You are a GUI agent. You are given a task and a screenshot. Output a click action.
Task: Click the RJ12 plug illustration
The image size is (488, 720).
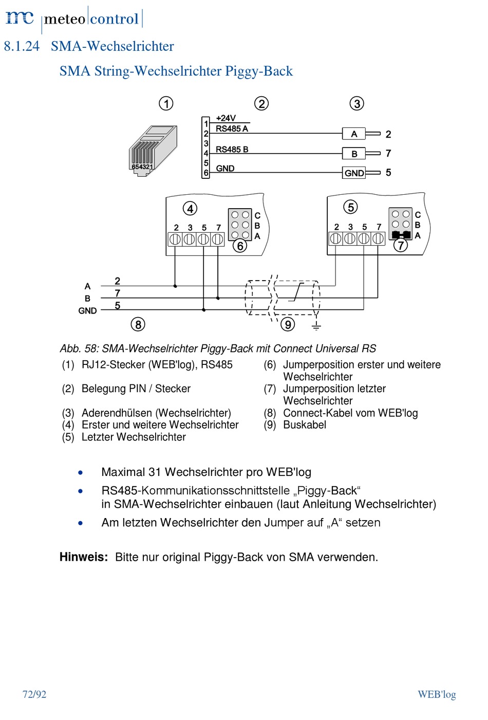click(x=153, y=151)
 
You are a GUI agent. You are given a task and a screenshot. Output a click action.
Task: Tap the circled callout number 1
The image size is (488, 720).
click(x=166, y=103)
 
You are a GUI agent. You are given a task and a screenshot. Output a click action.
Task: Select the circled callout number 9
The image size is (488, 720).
click(x=288, y=324)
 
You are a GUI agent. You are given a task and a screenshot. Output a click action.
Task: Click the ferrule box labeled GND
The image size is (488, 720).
click(x=354, y=173)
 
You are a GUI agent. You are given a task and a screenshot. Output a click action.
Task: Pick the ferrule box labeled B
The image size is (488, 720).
click(x=354, y=154)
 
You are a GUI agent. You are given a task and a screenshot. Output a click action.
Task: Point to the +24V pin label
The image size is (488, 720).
click(x=226, y=118)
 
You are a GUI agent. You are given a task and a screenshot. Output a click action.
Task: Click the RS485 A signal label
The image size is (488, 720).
click(x=232, y=129)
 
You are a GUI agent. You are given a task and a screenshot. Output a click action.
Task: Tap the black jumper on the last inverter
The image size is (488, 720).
click(x=401, y=235)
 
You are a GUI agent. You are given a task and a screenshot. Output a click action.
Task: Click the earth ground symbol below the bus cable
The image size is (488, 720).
click(x=316, y=327)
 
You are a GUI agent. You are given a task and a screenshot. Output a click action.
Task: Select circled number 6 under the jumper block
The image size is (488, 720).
click(x=240, y=246)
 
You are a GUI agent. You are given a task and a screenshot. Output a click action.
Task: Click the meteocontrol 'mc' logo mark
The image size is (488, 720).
click(x=20, y=18)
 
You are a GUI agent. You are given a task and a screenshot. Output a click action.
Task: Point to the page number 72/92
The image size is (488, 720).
click(x=34, y=694)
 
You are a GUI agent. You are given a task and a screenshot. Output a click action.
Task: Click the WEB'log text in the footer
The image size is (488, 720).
click(x=437, y=694)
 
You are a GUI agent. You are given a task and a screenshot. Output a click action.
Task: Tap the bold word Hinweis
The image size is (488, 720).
click(x=84, y=557)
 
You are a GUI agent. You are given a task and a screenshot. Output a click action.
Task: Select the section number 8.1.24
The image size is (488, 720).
click(x=22, y=46)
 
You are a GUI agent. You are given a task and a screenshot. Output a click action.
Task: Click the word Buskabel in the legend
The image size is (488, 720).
click(x=305, y=424)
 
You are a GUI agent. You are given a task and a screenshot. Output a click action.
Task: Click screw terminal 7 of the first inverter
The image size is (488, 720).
click(x=217, y=239)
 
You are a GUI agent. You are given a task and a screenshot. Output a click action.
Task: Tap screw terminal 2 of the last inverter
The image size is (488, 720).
click(x=336, y=239)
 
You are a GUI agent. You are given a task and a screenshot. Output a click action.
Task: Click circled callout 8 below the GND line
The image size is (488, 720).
click(x=138, y=324)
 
